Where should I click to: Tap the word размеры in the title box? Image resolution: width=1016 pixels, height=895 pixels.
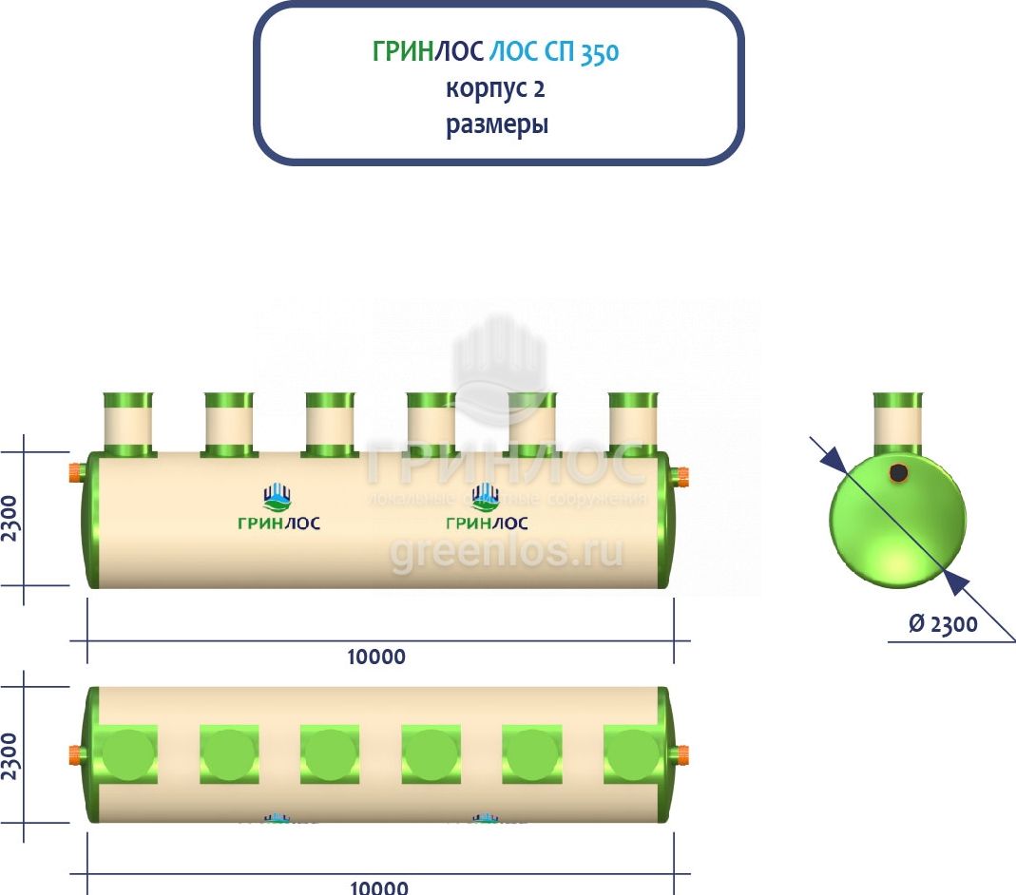tap(497, 124)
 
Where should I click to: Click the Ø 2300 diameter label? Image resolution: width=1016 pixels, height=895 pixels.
tap(943, 625)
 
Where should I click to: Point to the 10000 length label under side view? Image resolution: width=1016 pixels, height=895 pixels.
tap(377, 657)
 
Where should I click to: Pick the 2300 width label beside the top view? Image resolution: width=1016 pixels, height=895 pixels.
tap(10, 754)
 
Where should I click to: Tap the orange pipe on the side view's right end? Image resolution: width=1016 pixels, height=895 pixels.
tap(680, 475)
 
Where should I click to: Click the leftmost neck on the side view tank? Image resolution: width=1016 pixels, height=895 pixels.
tap(128, 424)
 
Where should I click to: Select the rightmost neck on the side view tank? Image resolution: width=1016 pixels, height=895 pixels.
tap(633, 424)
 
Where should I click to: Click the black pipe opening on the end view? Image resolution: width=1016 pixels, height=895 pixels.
tap(897, 472)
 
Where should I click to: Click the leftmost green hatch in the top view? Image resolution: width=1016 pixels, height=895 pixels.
tap(128, 754)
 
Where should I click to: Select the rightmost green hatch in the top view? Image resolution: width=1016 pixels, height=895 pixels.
tap(633, 754)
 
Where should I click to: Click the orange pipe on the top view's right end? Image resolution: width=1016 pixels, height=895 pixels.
tap(680, 755)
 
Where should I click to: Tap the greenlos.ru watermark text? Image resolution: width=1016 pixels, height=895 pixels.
tap(507, 551)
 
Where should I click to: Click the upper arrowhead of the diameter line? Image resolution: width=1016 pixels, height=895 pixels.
tap(833, 460)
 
